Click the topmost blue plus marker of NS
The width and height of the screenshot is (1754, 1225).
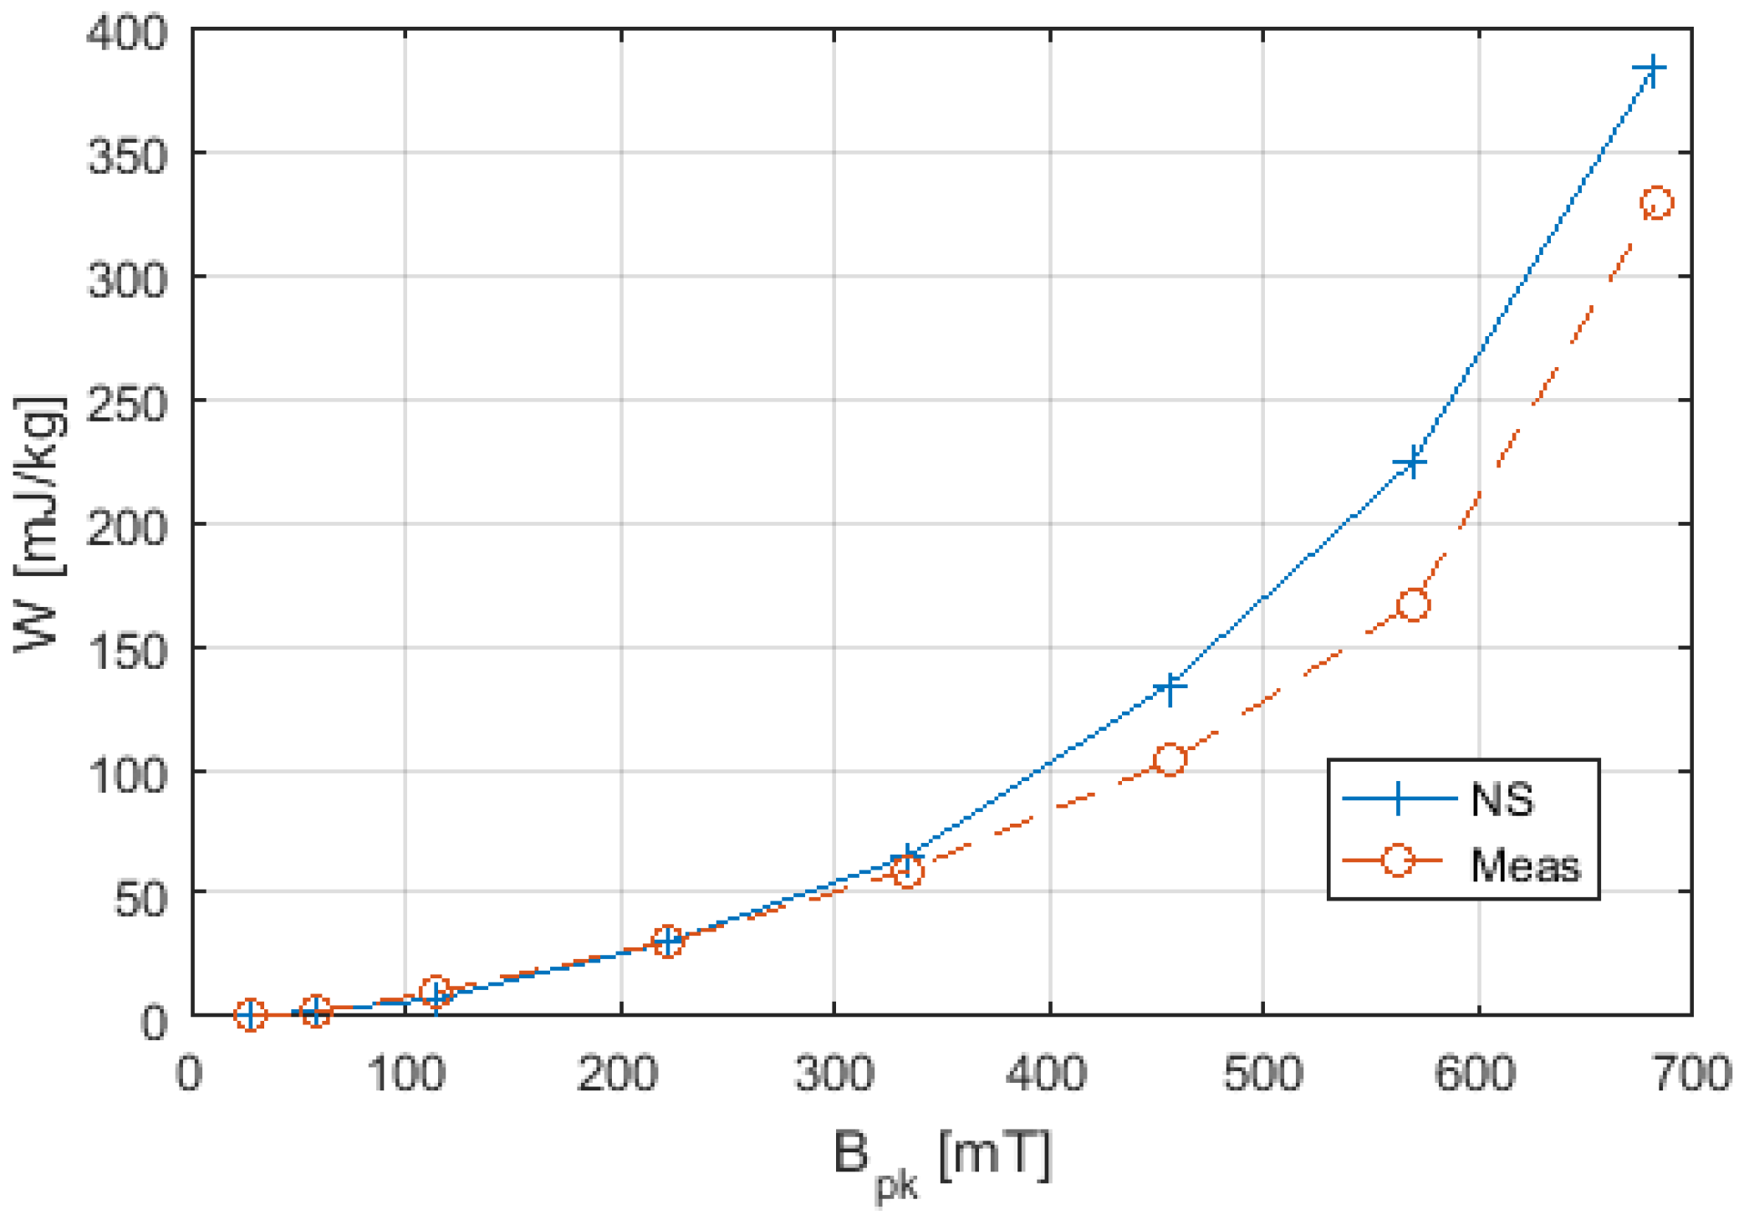point(1651,69)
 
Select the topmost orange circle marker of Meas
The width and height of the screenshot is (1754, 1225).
point(1656,203)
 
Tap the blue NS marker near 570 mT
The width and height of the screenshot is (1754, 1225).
point(1412,462)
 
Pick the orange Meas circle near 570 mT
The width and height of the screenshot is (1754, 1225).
point(1413,605)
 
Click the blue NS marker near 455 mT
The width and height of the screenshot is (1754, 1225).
point(1170,687)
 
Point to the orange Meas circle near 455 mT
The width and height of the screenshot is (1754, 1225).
point(1170,759)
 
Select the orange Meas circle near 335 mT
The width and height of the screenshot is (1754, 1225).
point(907,871)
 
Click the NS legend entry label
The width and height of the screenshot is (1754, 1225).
point(1502,799)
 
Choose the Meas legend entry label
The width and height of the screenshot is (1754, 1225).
point(1525,865)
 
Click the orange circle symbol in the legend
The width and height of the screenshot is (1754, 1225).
point(1397,860)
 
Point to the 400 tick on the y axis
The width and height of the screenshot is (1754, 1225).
point(127,34)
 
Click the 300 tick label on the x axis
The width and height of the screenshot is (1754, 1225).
point(834,1073)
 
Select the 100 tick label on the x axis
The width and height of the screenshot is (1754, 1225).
point(406,1073)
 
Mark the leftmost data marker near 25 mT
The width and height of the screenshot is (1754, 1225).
point(250,1014)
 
